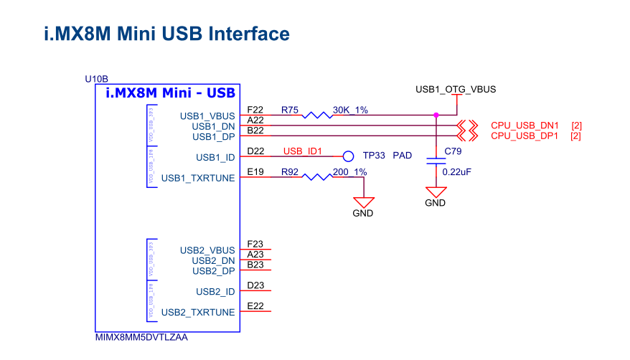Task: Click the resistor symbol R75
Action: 316,115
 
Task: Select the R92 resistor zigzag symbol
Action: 316,177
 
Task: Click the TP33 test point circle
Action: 349,156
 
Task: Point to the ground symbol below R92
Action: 363,203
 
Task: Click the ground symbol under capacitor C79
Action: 435,193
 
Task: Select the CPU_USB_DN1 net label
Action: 525,125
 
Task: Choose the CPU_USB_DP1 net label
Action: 525,136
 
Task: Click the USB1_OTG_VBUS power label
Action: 456,90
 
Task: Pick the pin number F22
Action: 255,110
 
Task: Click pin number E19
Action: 255,172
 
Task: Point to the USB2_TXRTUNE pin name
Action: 198,313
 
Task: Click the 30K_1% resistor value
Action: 350,110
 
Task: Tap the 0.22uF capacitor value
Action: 456,172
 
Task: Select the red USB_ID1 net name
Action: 303,151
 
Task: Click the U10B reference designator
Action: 96,78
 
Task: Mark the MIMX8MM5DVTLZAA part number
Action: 141,337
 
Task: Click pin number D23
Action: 255,285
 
